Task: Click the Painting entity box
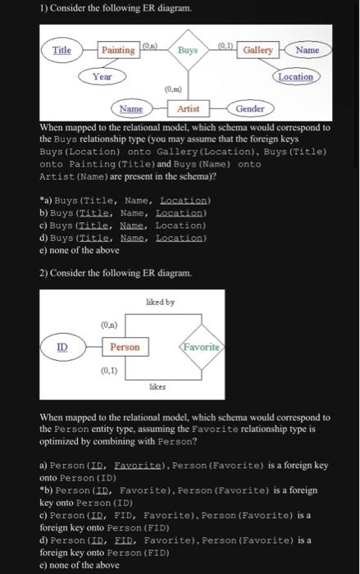pyautogui.click(x=118, y=51)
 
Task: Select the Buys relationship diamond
pyautogui.click(x=188, y=51)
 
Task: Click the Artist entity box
pyautogui.click(x=188, y=108)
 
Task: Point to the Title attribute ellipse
pyautogui.click(x=62, y=51)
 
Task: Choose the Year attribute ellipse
pyautogui.click(x=102, y=76)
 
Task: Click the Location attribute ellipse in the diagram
pyautogui.click(x=295, y=76)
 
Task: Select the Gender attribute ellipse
pyautogui.click(x=249, y=108)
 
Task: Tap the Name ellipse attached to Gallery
pyautogui.click(x=308, y=51)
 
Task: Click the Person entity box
pyautogui.click(x=125, y=348)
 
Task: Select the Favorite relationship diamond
pyautogui.click(x=198, y=348)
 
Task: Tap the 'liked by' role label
pyautogui.click(x=160, y=303)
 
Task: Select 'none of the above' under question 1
pyautogui.click(x=73, y=251)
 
